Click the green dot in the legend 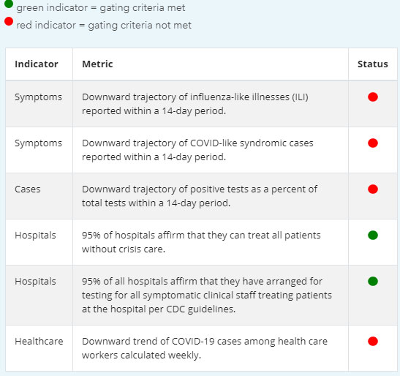pyautogui.click(x=9, y=4)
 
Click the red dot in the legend pyautogui.click(x=9, y=21)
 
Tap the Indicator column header pyautogui.click(x=37, y=64)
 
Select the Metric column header pyautogui.click(x=97, y=64)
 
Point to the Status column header pyautogui.click(x=373, y=64)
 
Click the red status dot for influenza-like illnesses pyautogui.click(x=373, y=97)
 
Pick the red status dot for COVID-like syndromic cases pyautogui.click(x=373, y=143)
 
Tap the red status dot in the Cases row pyautogui.click(x=373, y=189)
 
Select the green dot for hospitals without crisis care pyautogui.click(x=373, y=235)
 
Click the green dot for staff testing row pyautogui.click(x=373, y=282)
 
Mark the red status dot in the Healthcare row pyautogui.click(x=373, y=342)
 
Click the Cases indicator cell pyautogui.click(x=28, y=189)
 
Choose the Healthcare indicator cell pyautogui.click(x=39, y=342)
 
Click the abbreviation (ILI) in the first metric pyautogui.click(x=300, y=97)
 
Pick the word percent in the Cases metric pyautogui.click(x=287, y=189)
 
